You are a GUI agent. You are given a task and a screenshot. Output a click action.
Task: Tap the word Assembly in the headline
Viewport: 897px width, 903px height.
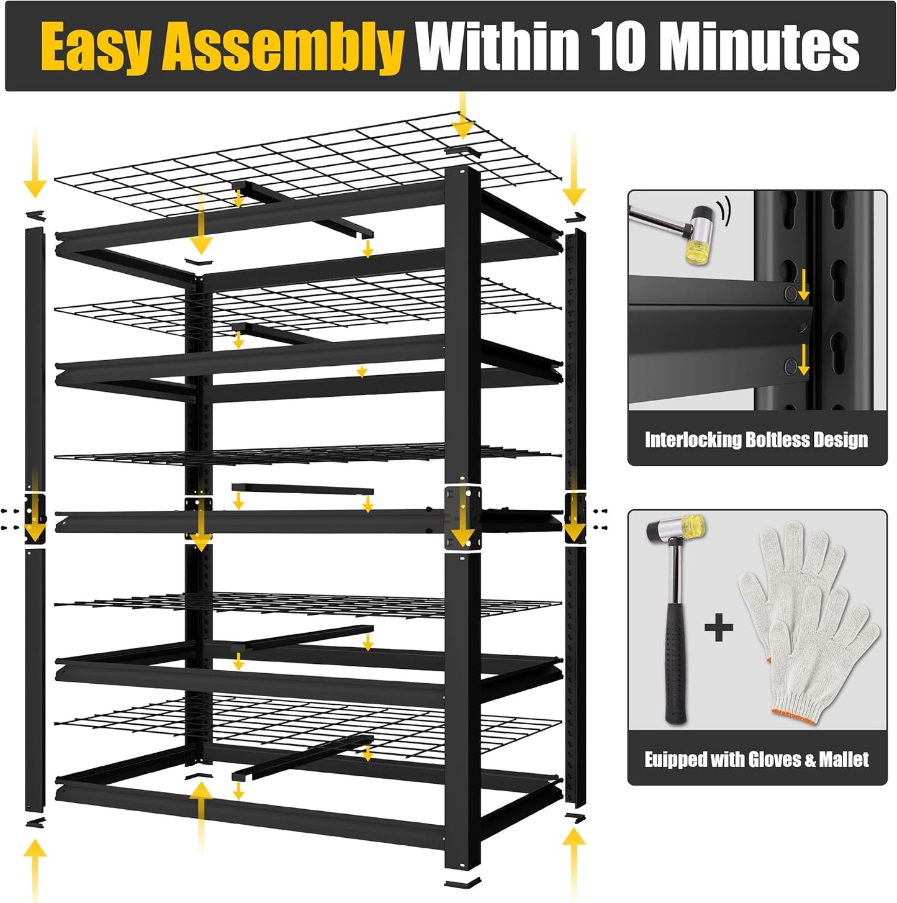tap(283, 47)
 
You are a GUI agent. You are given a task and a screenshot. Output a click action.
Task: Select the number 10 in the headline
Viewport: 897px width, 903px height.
tap(618, 46)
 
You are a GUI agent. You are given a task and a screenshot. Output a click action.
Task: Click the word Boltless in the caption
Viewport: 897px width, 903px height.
tap(777, 440)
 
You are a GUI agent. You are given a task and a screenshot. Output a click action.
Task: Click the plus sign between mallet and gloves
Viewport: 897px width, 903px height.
tap(719, 628)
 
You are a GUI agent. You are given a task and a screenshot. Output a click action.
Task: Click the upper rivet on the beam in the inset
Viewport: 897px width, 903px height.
tap(790, 293)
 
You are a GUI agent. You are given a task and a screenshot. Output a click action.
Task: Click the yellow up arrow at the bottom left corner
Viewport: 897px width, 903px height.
tap(35, 866)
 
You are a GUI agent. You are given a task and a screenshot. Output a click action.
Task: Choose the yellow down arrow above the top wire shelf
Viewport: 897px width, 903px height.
tap(461, 118)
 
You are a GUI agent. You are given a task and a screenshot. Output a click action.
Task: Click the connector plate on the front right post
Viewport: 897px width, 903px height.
tap(462, 515)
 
